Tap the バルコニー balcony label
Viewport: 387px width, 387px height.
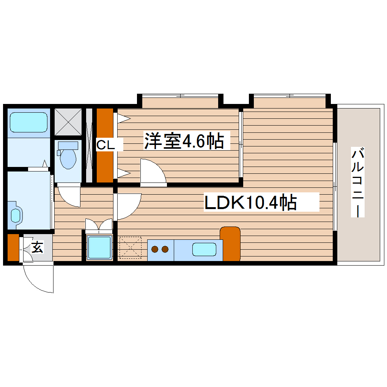358,182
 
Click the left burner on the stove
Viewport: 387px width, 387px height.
155,249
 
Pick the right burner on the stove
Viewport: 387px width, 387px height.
165,249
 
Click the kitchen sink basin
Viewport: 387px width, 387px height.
204,249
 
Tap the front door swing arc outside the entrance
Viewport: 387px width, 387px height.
38,279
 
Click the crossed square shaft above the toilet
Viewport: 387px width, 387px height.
68,121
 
